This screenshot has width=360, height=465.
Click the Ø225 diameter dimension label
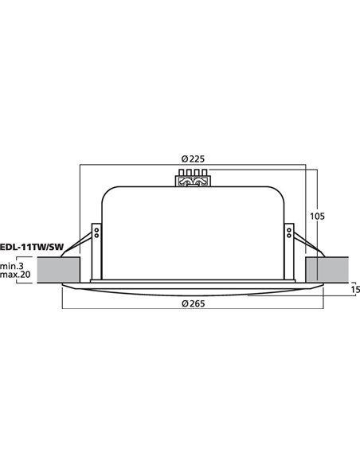click(x=192, y=157)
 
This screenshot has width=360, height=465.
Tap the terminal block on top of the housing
click(x=192, y=178)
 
